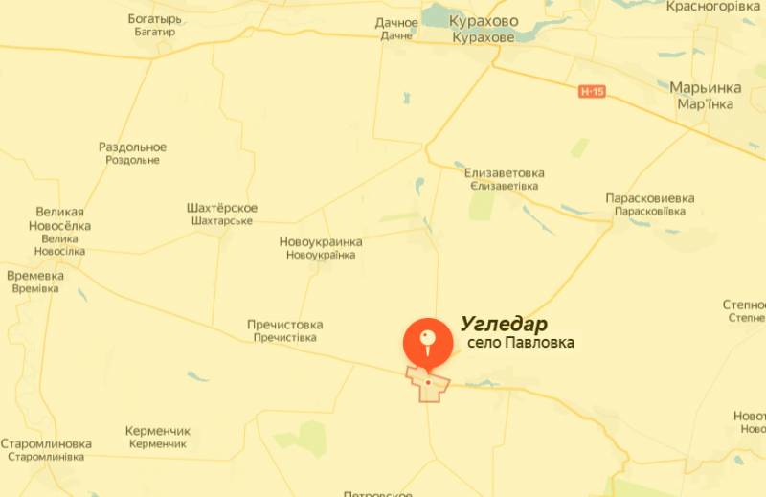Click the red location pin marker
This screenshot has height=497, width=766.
[428, 342]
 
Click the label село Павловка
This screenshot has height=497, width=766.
[521, 343]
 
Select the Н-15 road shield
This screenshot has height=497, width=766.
[592, 91]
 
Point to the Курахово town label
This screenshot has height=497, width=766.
[484, 21]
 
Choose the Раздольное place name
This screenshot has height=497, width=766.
[132, 147]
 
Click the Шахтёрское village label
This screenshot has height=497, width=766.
[221, 209]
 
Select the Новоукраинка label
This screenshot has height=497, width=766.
[321, 242]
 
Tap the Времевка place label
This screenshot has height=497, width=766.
[35, 276]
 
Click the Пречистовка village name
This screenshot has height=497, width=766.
[284, 325]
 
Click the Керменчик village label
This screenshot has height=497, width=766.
[158, 432]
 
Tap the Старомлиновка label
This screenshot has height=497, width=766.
[45, 444]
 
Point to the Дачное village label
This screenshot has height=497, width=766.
[396, 23]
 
